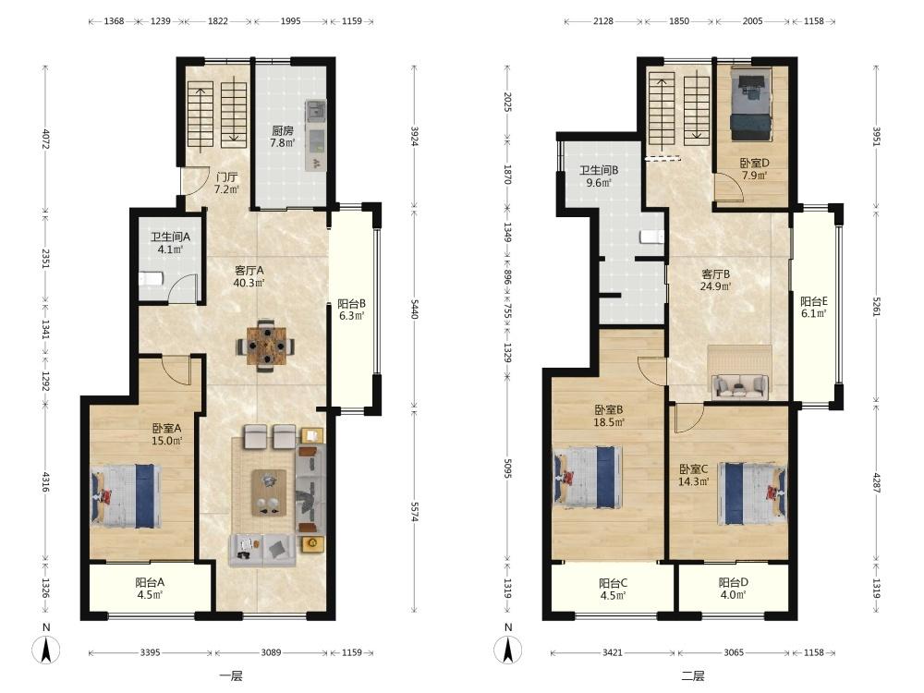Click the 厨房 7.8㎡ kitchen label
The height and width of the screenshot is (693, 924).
(x=282, y=137)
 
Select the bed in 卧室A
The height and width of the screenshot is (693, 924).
(x=126, y=496)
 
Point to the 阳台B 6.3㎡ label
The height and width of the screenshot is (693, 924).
(x=352, y=310)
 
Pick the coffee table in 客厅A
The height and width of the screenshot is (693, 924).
(x=269, y=492)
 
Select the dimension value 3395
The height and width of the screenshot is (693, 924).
(x=151, y=652)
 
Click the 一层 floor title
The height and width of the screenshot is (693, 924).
(x=230, y=676)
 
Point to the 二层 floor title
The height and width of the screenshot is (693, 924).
(x=692, y=676)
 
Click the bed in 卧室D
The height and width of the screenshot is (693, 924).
(x=750, y=104)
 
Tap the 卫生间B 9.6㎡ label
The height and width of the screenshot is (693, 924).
(x=599, y=176)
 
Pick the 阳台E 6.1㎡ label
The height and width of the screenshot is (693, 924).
(x=814, y=307)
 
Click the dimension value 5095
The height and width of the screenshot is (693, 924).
(x=507, y=472)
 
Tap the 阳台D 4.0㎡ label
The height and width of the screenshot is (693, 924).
(x=733, y=588)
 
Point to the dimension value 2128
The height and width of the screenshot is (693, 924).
(x=602, y=21)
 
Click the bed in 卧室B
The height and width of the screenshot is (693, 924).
(x=588, y=477)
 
